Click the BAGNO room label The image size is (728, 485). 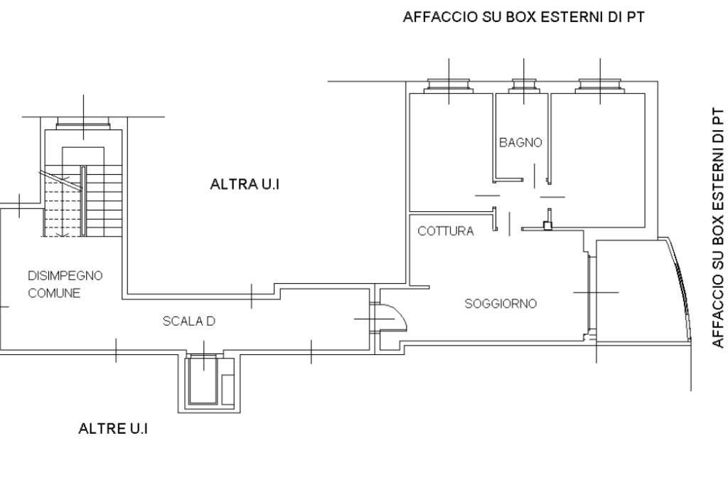click(520, 142)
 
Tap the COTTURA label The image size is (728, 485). click(445, 231)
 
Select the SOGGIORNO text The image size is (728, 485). click(500, 304)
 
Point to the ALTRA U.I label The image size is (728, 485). click(245, 184)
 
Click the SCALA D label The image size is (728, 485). click(188, 321)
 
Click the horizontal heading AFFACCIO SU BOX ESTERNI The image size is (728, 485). click(524, 17)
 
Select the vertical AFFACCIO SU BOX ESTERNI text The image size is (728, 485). click(718, 228)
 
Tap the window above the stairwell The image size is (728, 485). click(83, 124)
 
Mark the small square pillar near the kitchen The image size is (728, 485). click(547, 226)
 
